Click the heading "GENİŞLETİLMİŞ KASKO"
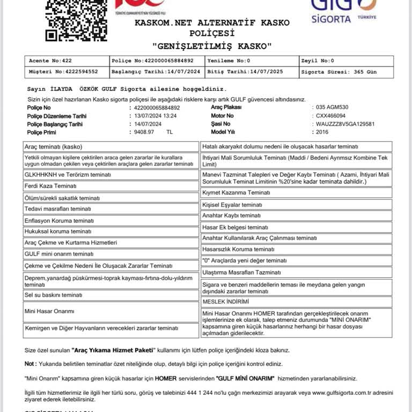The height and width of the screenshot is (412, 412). pyautogui.click(x=212, y=46)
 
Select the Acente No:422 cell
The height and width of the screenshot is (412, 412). pyautogui.click(x=67, y=61)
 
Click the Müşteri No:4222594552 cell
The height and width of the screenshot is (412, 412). pyautogui.click(x=67, y=71)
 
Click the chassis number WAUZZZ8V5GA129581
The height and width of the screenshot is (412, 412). pyautogui.click(x=345, y=123)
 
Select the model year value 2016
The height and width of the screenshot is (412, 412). pyautogui.click(x=322, y=131)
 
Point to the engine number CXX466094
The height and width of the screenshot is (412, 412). pyautogui.click(x=331, y=115)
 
